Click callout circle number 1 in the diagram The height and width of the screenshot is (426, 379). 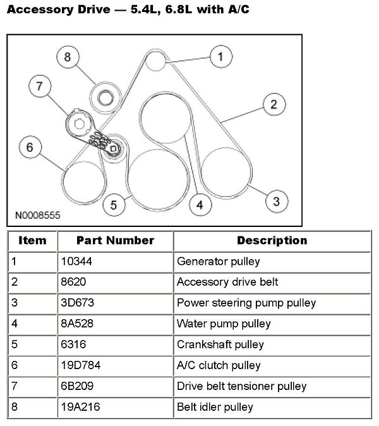(220, 58)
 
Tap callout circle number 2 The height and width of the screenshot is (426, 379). (273, 105)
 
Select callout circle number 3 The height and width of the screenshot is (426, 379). (276, 202)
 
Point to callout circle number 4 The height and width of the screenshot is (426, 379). (200, 205)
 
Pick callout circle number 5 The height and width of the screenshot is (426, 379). (113, 205)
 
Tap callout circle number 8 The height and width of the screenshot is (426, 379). (68, 57)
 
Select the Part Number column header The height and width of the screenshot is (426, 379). (115, 241)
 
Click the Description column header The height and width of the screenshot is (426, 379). (272, 241)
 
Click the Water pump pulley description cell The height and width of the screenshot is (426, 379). (224, 324)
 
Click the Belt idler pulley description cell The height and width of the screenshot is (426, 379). (215, 407)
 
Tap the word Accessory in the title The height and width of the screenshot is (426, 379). (39, 10)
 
